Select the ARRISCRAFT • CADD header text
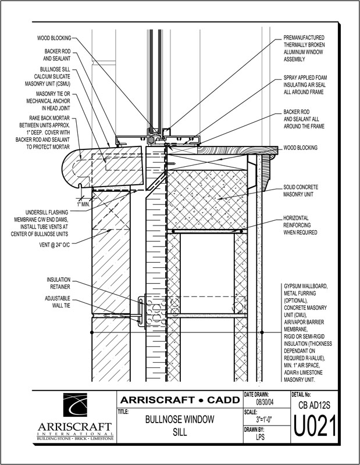tap(179, 400)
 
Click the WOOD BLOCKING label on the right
tap(300, 148)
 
